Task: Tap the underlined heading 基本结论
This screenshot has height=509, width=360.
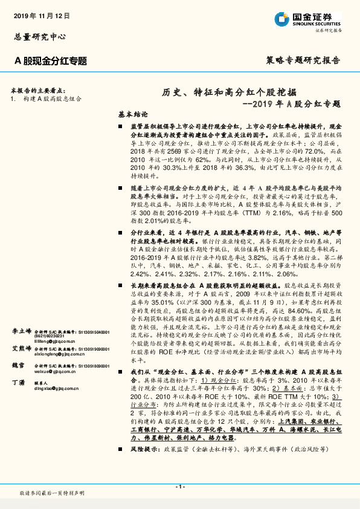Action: pos(132,114)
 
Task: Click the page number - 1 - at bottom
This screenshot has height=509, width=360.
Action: pos(179,486)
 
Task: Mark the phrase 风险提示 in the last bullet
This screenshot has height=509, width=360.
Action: pos(143,450)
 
